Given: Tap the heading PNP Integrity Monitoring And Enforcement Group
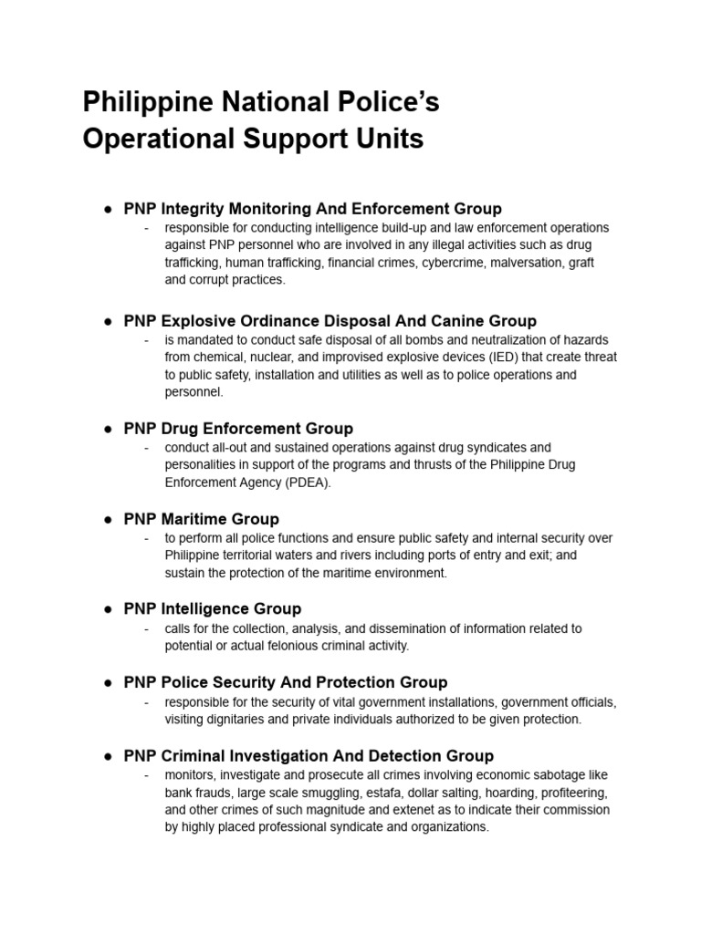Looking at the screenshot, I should click(x=313, y=209).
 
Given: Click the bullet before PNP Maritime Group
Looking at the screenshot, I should click(x=107, y=519).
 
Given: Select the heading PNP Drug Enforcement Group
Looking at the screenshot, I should click(x=238, y=428).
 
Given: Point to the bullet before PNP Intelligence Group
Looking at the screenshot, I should click(x=107, y=608).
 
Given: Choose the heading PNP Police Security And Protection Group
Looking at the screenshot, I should click(x=286, y=681).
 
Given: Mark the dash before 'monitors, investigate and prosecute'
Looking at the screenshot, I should click(x=146, y=774).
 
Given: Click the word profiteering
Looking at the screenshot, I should click(x=568, y=792).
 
